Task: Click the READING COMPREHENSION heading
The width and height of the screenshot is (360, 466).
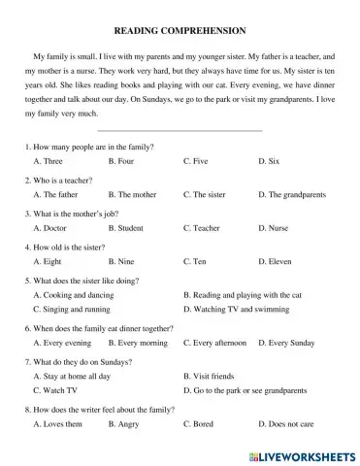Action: [180, 31]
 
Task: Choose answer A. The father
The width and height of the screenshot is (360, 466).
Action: [56, 194]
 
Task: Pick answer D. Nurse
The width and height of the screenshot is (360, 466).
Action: [278, 228]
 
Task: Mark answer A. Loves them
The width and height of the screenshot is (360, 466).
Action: [57, 424]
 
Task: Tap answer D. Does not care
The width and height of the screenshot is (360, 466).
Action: [286, 424]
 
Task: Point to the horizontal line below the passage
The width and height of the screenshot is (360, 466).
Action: [180, 129]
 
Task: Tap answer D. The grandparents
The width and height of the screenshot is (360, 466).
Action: [295, 194]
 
